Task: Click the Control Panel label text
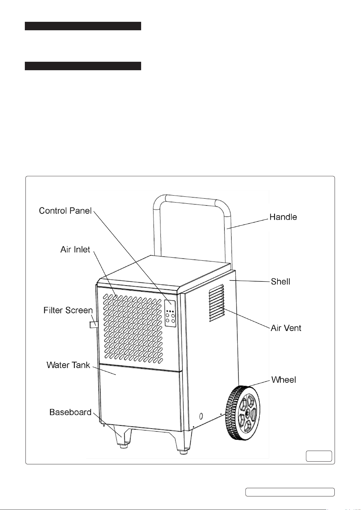pos(65,211)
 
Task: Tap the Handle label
pos(283,217)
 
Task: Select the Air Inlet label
pos(75,249)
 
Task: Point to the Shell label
pos(280,281)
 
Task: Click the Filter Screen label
pos(68,310)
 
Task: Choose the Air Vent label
pos(286,328)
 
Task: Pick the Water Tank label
pos(68,365)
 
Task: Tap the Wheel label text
pos(283,380)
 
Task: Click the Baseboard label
pos(70,412)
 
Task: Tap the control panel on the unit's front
pos(170,313)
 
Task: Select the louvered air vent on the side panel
pos(217,303)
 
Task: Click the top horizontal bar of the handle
pos(191,199)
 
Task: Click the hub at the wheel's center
pos(247,412)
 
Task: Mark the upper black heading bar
pos(83,26)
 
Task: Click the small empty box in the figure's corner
pos(319,456)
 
